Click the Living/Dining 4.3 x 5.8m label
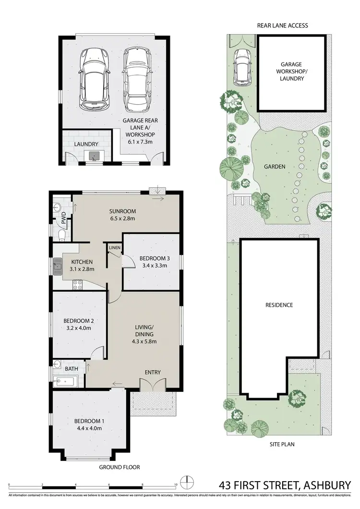point(144,335)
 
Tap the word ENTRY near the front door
point(153,372)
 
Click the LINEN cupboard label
point(114,248)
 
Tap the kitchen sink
point(58,265)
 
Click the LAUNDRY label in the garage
point(86,144)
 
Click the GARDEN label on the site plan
point(275,167)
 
